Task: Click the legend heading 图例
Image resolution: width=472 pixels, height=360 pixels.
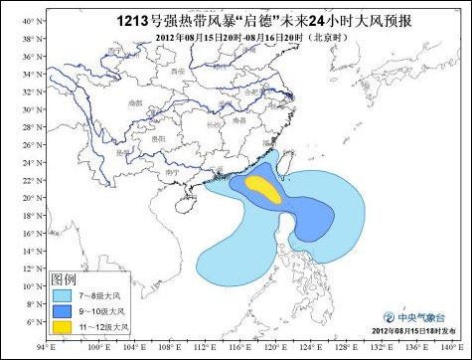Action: pyautogui.click(x=65, y=279)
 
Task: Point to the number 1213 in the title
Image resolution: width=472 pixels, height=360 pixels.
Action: pyautogui.click(x=133, y=19)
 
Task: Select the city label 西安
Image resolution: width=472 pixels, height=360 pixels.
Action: pyautogui.click(x=178, y=73)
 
